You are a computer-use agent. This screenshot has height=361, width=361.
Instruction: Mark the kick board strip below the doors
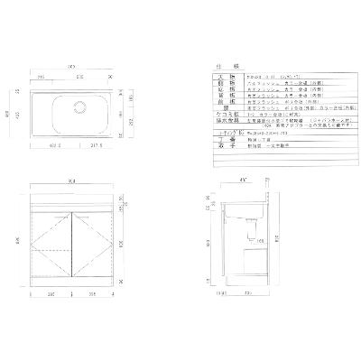[x=72, y=282]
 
